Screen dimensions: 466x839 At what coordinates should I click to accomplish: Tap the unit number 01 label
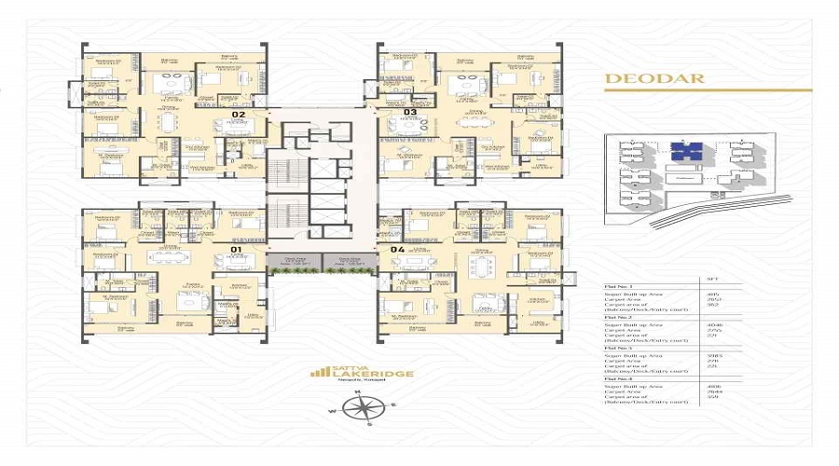coord(237,251)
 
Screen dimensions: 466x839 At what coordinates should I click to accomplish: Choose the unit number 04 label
coord(397,250)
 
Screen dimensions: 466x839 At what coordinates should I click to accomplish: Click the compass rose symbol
coord(365,407)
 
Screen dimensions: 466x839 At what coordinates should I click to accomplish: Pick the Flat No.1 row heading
coord(620,287)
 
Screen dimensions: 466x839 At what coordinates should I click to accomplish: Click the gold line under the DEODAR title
coord(708,90)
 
